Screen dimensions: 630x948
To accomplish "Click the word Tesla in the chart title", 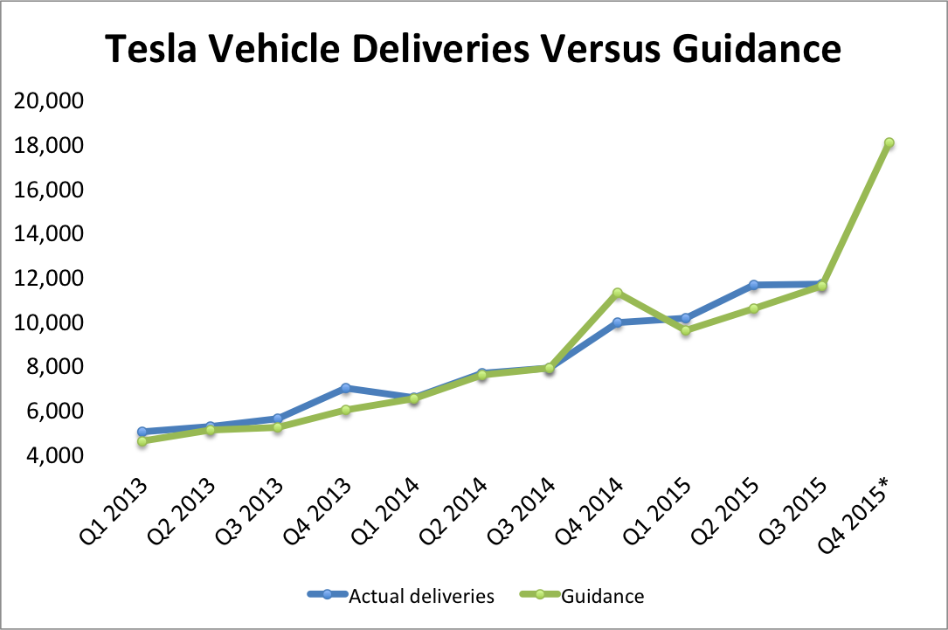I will point(158,50).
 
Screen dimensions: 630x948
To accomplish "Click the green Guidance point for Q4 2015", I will point(889,142).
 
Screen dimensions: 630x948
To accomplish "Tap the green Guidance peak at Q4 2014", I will point(617,293).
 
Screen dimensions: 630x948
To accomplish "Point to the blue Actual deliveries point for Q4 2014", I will point(617,322).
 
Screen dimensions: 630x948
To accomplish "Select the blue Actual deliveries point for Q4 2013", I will point(346,387).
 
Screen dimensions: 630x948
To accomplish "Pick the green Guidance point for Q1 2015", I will point(686,330).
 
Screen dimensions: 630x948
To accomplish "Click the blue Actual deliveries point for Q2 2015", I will point(753,285).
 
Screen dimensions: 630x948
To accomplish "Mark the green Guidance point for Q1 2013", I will point(142,441).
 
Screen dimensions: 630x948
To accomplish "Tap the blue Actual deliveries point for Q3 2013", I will point(278,419).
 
